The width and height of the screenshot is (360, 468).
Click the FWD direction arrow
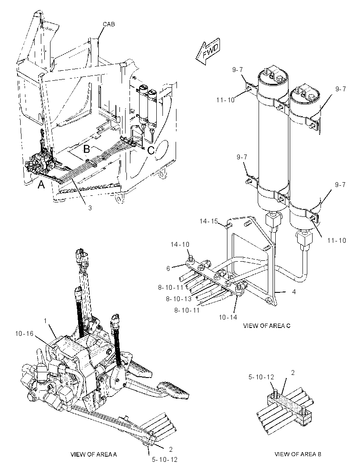(x=208, y=52)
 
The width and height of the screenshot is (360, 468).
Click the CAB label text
(x=108, y=24)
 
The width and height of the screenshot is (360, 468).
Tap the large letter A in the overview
(x=41, y=185)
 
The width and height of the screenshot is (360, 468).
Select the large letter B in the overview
(x=86, y=149)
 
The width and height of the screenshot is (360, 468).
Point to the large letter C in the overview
(x=151, y=150)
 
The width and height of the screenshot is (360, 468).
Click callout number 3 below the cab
(x=90, y=208)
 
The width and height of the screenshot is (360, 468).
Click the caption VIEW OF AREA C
(x=266, y=326)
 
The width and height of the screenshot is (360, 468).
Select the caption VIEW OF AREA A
(x=94, y=454)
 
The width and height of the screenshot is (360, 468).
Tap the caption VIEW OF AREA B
(x=298, y=454)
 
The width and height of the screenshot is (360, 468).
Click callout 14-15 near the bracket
(x=209, y=221)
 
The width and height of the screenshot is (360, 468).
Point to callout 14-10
(x=180, y=245)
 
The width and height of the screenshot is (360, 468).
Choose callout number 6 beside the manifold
(x=168, y=269)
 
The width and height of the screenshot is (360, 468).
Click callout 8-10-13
(x=179, y=299)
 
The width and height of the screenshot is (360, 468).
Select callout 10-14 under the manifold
(x=228, y=317)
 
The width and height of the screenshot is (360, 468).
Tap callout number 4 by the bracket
(x=294, y=292)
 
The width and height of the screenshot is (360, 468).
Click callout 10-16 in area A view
(x=24, y=334)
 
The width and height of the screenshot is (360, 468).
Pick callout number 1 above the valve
(x=45, y=321)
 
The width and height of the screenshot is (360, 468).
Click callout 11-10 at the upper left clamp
(x=226, y=100)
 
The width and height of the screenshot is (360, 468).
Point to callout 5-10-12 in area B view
(x=261, y=377)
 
